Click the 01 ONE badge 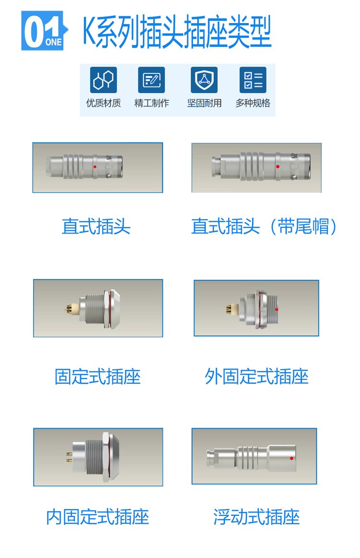coord(44,31)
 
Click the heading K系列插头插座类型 coord(177,31)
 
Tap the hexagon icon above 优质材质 coord(103,80)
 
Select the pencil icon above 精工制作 coord(151,80)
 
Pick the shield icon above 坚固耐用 coord(204,80)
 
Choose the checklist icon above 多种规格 coord(253,80)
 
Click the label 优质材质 coord(103,103)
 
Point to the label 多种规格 coord(253,103)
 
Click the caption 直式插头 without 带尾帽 coord(96,226)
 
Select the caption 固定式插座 coord(97,377)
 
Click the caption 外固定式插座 coord(256,377)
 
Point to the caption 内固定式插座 coord(97,517)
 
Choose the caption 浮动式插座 coord(256,517)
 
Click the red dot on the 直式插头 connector coord(95,166)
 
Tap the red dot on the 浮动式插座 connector coord(292,458)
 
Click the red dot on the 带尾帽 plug coord(278,166)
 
